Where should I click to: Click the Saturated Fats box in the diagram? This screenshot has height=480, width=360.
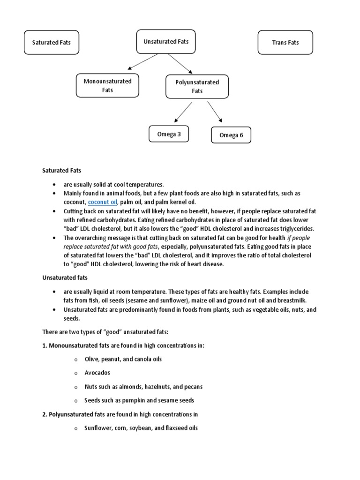(52, 43)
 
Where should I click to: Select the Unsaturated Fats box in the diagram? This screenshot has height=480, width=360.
(166, 42)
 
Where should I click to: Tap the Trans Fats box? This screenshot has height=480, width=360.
(285, 43)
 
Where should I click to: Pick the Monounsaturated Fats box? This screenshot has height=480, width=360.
(107, 85)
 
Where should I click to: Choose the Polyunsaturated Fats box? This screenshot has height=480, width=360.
(197, 86)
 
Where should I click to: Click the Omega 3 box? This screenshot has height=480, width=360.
(169, 135)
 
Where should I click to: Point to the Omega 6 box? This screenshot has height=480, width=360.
(231, 135)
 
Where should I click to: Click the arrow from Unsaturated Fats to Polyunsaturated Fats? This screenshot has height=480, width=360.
(179, 63)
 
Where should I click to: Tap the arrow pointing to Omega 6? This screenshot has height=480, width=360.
(215, 112)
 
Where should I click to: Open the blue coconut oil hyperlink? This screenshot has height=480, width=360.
(103, 202)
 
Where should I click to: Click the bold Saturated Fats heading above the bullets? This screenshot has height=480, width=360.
(62, 171)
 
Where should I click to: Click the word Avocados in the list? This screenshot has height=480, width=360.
(97, 373)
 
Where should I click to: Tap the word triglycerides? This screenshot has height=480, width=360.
(296, 228)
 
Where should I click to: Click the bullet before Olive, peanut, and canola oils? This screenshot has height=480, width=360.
(75, 360)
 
